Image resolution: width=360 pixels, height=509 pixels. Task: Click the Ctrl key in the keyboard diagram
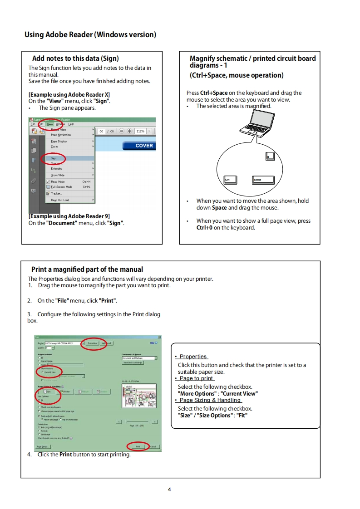coord(230,180)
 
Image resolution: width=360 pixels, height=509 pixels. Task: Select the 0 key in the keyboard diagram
coord(270,157)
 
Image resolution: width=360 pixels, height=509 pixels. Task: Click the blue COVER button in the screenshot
coord(138,146)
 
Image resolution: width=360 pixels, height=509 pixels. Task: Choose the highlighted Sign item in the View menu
coord(54,158)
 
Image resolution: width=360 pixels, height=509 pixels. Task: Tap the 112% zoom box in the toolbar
coord(140,131)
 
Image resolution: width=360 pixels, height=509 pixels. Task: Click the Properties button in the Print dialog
coord(92,343)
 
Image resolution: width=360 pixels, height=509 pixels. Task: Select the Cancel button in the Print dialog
coord(153,446)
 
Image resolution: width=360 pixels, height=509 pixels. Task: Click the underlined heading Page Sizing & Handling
coord(210,400)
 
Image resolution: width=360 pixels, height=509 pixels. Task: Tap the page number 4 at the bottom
coord(169,489)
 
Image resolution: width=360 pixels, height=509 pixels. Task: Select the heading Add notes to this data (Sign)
coord(75,59)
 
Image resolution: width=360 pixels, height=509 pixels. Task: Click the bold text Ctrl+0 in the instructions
coord(204,228)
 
